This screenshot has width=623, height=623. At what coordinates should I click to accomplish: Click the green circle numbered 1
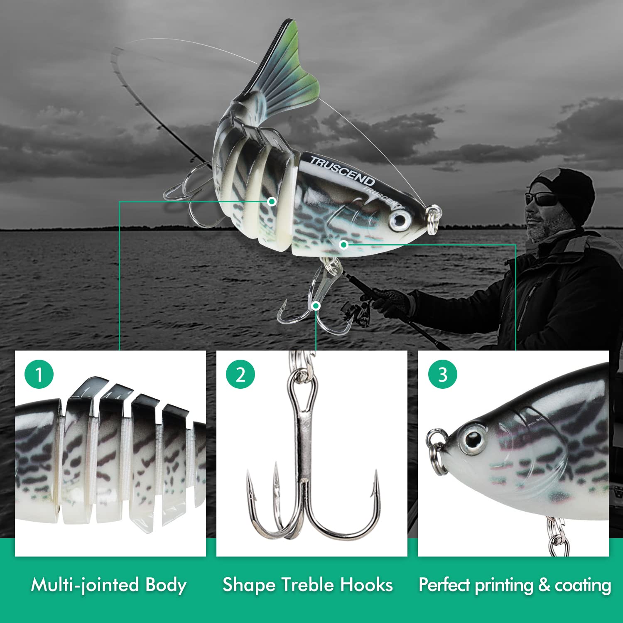(39, 374)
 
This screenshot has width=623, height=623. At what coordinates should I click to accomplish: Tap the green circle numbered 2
(240, 374)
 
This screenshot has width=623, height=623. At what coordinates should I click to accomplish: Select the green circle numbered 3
(443, 374)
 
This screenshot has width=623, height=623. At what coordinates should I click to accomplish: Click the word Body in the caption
(166, 585)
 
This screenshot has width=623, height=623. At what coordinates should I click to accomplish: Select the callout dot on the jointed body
(272, 202)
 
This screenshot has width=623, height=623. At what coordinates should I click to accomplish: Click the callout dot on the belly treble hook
(316, 306)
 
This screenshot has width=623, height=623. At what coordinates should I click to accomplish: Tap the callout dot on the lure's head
(343, 245)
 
